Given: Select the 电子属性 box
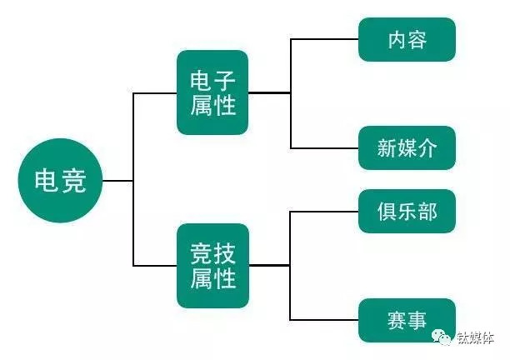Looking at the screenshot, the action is tap(212, 92).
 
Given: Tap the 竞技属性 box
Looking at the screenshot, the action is tap(212, 265).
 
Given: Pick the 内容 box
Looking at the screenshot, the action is tap(407, 39).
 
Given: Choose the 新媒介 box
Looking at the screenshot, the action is tap(407, 148).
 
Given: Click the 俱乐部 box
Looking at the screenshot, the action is tap(407, 212).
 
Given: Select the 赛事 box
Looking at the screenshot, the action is tap(407, 320).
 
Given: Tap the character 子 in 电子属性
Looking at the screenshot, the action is tap(225, 81).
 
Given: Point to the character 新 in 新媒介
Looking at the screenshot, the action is tap(387, 149).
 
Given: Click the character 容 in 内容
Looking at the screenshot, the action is tap(418, 39).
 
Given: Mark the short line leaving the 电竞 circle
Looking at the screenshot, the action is tap(117, 180).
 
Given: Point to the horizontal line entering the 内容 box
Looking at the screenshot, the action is tap(324, 39).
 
